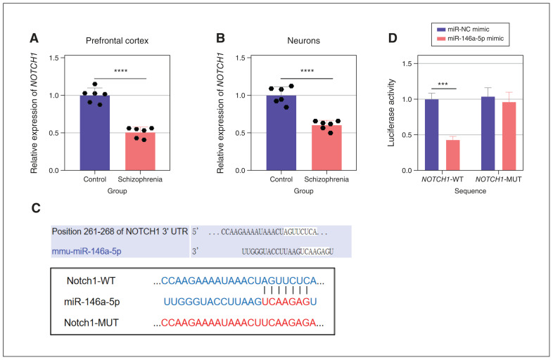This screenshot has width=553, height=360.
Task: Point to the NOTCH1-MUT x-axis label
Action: click(x=499, y=183)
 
